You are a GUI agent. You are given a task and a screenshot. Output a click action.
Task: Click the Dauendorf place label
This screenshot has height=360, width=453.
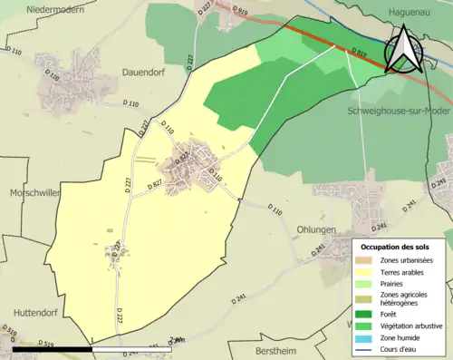point(145,69)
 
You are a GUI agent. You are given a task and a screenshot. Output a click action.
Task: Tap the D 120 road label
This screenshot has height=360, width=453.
point(52,77)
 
